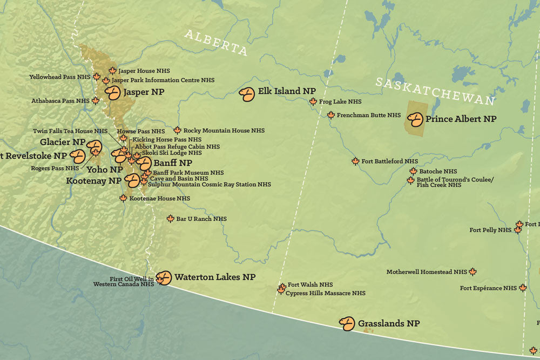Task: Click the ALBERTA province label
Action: click(x=216, y=43)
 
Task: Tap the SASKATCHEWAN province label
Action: click(x=435, y=91)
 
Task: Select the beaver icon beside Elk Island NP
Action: click(x=247, y=94)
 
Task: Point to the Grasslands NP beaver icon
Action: click(x=347, y=323)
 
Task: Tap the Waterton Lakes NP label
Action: click(x=215, y=277)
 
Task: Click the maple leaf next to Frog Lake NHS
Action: click(x=313, y=101)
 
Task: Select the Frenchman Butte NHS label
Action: click(x=369, y=116)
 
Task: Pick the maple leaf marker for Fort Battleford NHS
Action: click(x=355, y=161)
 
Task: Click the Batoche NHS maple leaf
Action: click(x=413, y=171)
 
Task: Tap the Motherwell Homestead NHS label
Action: click(x=427, y=272)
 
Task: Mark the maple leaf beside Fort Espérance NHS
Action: click(x=523, y=288)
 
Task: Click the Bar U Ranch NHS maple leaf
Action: click(x=171, y=219)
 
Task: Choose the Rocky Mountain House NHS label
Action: click(x=224, y=131)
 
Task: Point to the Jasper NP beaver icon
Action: click(x=112, y=93)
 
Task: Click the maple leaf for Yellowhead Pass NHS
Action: click(x=97, y=77)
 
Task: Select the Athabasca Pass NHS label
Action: click(x=60, y=101)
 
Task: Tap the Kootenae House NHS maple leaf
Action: click(x=123, y=198)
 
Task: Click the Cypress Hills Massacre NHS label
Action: click(x=325, y=294)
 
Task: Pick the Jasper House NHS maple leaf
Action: click(x=113, y=70)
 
